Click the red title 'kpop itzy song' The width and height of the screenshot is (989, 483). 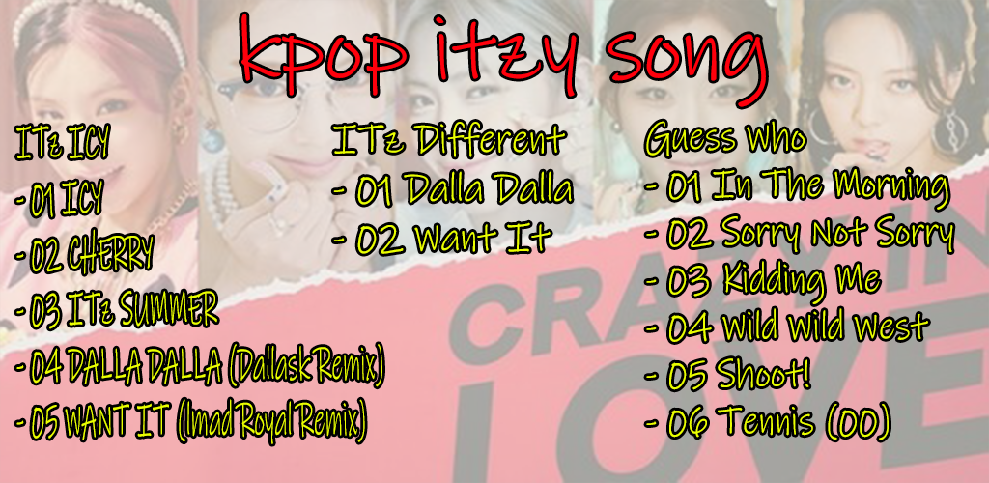pos(503,60)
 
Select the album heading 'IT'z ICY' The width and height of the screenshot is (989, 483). pos(62,143)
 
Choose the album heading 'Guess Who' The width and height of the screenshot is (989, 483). pos(725,139)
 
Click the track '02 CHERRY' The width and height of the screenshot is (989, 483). pos(84,257)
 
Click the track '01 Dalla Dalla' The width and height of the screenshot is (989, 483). pos(453,189)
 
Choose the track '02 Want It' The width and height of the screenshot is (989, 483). pos(442,240)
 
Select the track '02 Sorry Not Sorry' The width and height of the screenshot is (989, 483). pos(799,235)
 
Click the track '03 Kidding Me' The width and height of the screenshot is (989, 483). pos(763,281)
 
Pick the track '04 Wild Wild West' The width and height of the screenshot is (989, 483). pos(786,327)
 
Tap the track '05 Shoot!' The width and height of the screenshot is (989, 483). pos(727,376)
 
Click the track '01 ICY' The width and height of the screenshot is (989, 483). pos(58,203)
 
